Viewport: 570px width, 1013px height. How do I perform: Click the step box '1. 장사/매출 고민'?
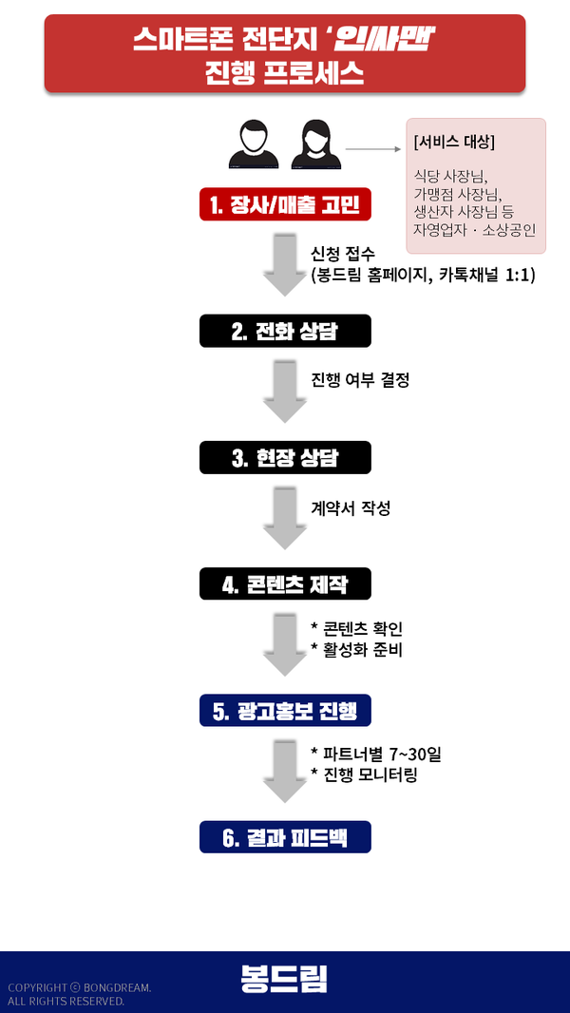click(285, 204)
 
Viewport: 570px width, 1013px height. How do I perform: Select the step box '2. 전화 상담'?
click(285, 332)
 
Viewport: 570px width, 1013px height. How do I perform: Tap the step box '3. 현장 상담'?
click(285, 458)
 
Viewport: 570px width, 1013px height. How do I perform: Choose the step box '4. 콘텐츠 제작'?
click(285, 584)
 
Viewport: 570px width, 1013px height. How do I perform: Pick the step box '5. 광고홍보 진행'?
click(285, 711)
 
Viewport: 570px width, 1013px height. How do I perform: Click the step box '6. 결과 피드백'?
click(285, 837)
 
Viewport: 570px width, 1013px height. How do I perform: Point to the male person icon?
click(252, 144)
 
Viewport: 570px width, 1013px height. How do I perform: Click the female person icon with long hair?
click(315, 144)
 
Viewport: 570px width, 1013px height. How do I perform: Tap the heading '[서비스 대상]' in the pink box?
click(454, 142)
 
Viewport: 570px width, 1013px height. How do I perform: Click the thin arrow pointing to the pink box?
click(372, 149)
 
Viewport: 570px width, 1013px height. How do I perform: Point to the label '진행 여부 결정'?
click(360, 380)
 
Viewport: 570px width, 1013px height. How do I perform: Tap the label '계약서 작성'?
click(351, 508)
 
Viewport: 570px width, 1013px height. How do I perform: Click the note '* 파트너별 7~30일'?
click(376, 755)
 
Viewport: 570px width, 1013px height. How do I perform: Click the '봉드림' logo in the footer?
click(284, 980)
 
